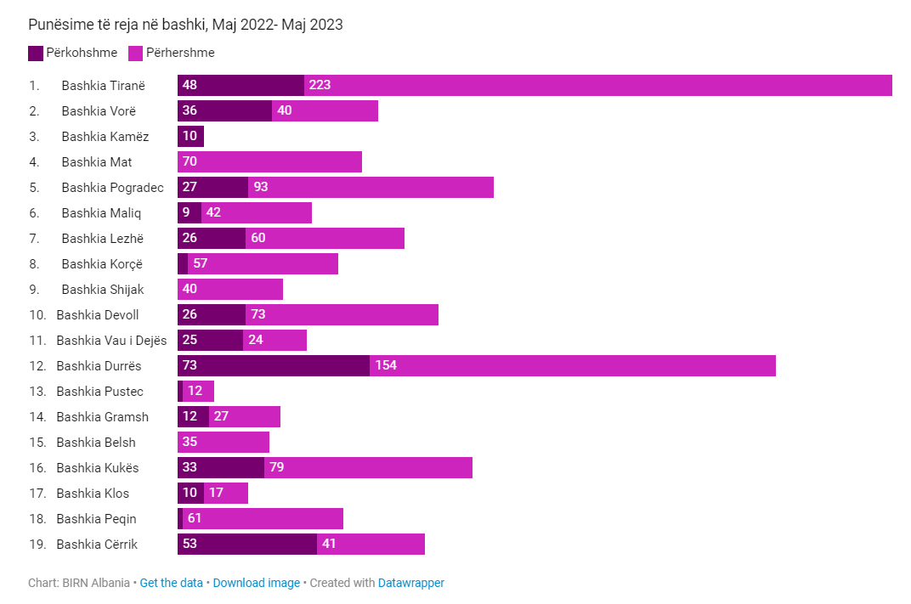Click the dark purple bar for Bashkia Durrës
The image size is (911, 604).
274,366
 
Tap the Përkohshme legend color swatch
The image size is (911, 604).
36,53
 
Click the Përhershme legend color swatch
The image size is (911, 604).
135,53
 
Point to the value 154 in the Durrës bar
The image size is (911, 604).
386,366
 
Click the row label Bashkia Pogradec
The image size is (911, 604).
112,188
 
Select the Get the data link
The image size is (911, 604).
171,583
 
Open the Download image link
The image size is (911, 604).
256,583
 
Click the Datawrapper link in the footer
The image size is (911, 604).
410,583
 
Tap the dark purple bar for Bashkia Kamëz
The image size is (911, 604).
190,137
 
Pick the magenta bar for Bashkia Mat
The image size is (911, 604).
269,162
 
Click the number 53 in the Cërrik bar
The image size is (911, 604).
190,545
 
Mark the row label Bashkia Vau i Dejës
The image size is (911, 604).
111,341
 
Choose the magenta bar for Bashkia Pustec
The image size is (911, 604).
198,392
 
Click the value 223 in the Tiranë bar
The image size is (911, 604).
320,86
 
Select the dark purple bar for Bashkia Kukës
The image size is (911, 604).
221,468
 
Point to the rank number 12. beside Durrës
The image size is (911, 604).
37,366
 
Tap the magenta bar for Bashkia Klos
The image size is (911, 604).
226,494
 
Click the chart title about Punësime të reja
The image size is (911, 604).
185,25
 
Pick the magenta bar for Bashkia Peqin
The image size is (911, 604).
263,519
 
